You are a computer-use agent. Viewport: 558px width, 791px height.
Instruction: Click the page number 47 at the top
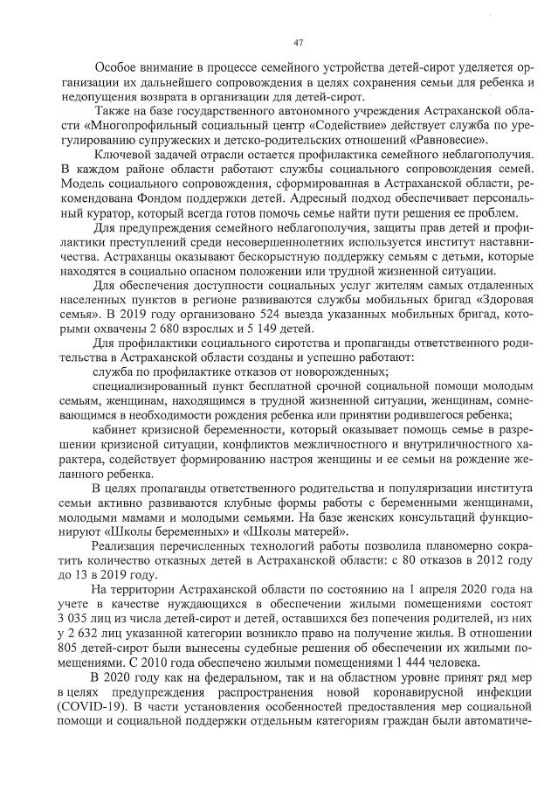click(x=298, y=43)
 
